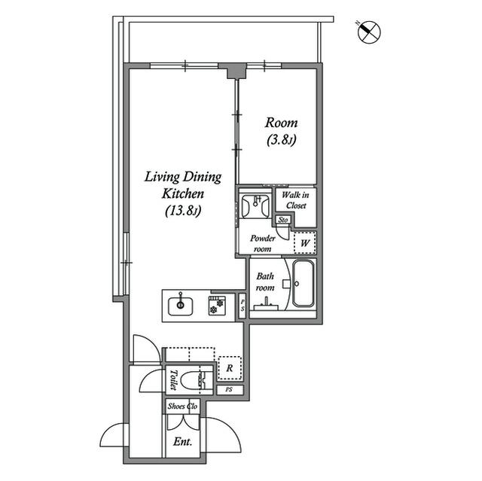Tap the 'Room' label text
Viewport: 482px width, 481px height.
pyautogui.click(x=282, y=123)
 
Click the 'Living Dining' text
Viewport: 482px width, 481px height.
pyautogui.click(x=183, y=178)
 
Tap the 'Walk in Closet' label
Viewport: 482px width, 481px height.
pyautogui.click(x=294, y=199)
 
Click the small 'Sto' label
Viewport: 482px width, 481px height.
pyautogui.click(x=283, y=220)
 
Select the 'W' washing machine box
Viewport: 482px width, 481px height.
pyautogui.click(x=305, y=242)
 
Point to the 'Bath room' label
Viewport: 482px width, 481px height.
pyautogui.click(x=264, y=282)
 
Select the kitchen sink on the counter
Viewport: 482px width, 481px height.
pyautogui.click(x=181, y=306)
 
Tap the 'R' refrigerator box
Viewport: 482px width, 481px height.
pyautogui.click(x=227, y=368)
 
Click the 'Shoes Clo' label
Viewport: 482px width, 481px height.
pyautogui.click(x=182, y=406)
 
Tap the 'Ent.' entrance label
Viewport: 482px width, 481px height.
pyautogui.click(x=183, y=441)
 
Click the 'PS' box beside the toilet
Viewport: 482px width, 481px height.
pyautogui.click(x=229, y=389)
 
